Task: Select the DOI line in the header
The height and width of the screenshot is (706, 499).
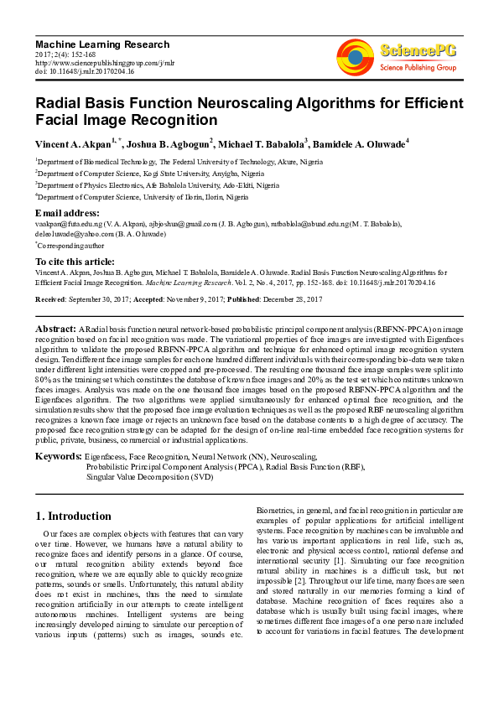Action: point(85,72)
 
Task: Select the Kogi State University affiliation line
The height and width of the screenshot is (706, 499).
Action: point(134,172)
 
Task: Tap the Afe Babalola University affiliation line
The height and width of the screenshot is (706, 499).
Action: point(159,184)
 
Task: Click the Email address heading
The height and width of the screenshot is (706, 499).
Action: point(67,213)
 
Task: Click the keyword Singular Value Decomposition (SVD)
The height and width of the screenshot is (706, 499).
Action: point(149,477)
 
